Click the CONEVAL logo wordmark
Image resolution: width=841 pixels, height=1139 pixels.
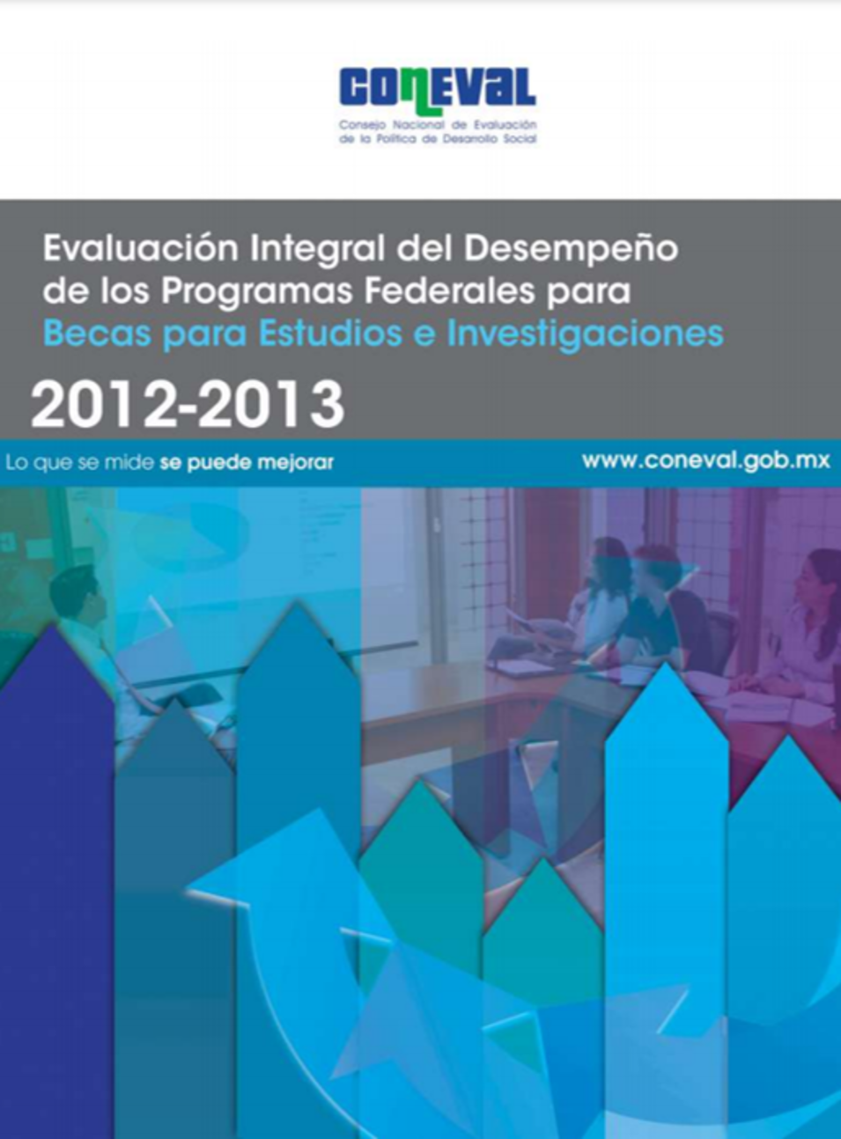[x=437, y=90]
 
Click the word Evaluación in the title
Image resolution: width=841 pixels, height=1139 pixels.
[x=141, y=248]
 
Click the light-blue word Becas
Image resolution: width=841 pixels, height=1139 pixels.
[x=98, y=334]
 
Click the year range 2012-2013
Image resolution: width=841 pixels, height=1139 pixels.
[x=188, y=405]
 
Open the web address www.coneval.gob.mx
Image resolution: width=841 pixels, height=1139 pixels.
[x=706, y=461]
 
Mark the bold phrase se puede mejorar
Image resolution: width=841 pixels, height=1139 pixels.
[x=247, y=463]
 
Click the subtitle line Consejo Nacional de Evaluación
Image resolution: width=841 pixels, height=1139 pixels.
[x=438, y=125]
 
